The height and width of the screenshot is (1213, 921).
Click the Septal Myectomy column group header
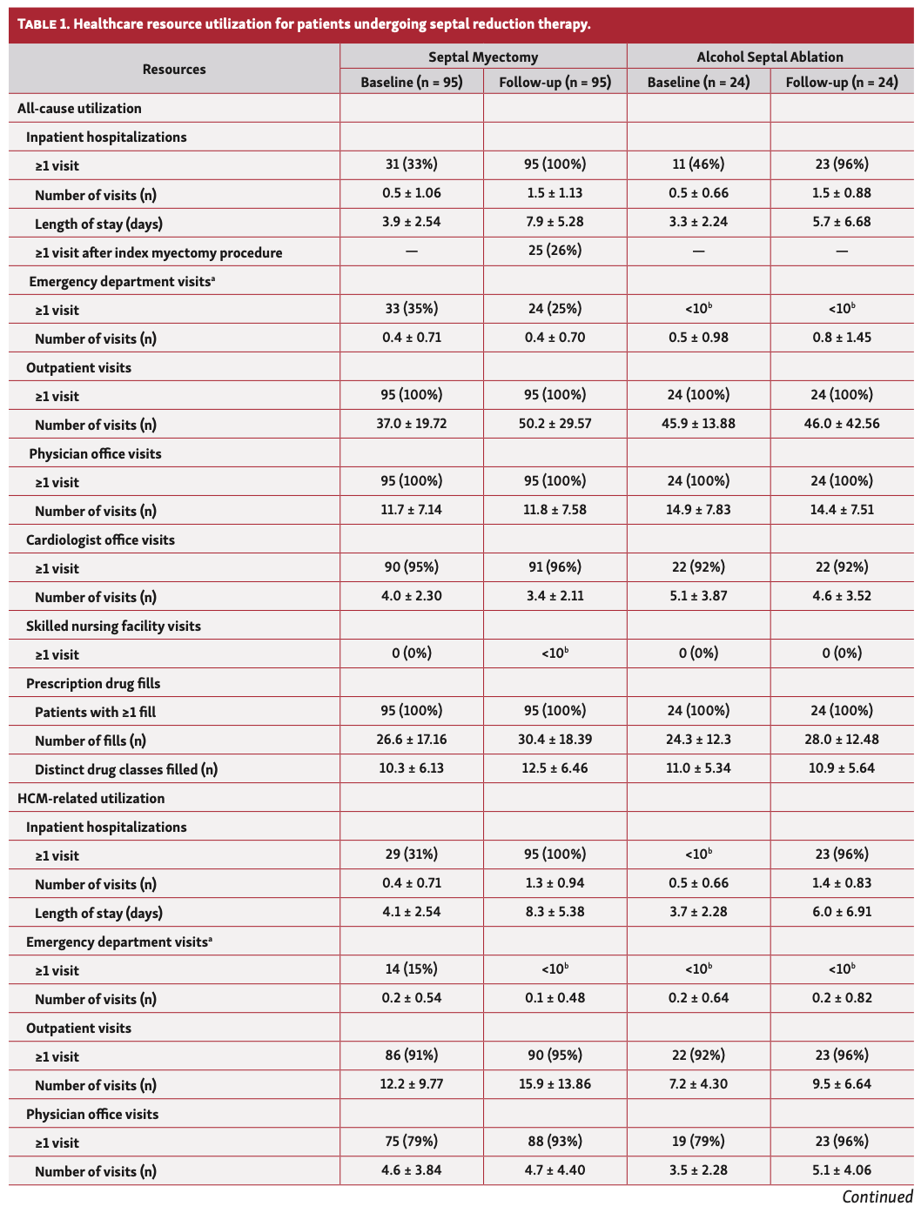(483, 57)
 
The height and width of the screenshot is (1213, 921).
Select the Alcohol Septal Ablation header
(770, 57)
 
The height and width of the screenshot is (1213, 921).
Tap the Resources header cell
(174, 69)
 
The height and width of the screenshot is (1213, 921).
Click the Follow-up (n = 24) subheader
(842, 82)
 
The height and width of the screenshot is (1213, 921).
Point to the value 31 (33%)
(411, 164)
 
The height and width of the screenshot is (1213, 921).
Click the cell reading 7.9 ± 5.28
(555, 222)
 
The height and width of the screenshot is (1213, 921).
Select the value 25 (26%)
(555, 251)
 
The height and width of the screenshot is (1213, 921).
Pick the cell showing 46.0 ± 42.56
(842, 424)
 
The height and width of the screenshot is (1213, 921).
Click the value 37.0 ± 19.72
(411, 424)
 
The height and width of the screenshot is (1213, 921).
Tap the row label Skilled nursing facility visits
(113, 626)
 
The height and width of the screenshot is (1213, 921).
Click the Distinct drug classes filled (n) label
(126, 769)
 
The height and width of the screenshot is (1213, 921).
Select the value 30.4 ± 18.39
(555, 740)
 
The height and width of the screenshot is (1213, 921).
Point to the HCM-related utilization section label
(91, 798)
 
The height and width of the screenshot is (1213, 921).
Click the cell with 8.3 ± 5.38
(555, 912)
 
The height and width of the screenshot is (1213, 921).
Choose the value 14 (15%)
(411, 969)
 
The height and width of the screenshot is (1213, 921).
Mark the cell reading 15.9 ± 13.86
(555, 1084)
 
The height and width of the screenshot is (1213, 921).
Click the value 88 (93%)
(555, 1142)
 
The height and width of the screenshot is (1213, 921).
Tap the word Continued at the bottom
(877, 1197)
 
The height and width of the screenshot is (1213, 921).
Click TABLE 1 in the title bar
(43, 23)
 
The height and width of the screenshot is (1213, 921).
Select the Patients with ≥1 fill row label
(95, 712)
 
